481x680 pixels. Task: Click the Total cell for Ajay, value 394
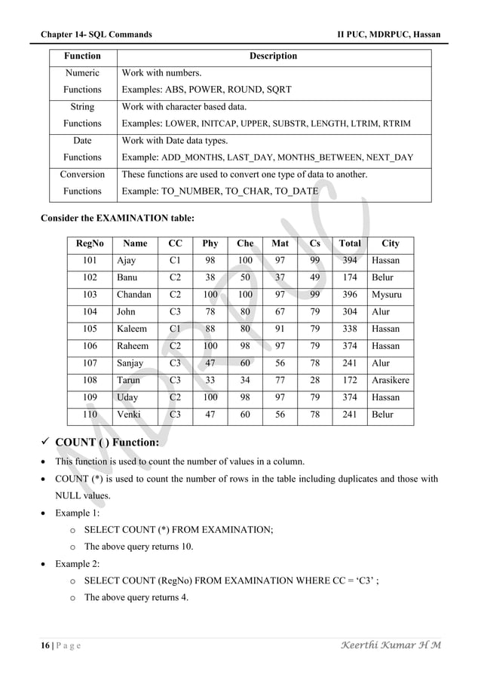350,261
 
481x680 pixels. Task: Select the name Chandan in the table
134,295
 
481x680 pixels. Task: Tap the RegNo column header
90,244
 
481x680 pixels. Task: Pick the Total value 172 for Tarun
350,381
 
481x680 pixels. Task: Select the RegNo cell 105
90,329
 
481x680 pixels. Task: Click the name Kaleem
131,329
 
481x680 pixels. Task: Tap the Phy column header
210,244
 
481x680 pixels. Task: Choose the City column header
391,244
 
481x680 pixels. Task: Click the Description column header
273,56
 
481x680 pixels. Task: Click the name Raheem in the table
132,346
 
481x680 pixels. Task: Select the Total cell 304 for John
350,312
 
